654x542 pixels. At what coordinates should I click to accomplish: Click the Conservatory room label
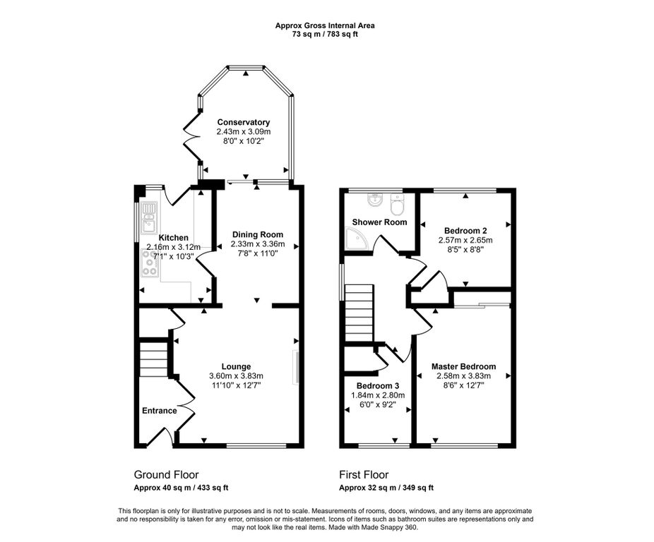point(243,122)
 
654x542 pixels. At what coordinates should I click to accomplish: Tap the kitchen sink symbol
point(149,217)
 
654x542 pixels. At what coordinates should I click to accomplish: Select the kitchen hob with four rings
point(150,262)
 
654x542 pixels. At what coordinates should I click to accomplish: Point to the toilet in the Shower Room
point(397,206)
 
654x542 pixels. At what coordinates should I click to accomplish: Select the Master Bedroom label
point(464,366)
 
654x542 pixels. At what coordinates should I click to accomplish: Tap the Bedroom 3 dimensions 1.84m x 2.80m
point(377,396)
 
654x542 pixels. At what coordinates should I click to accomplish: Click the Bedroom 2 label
point(465,230)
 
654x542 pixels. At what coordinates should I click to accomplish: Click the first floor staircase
point(358,312)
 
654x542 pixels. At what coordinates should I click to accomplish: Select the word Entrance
point(160,411)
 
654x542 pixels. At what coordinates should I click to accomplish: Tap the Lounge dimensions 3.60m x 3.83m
point(236,376)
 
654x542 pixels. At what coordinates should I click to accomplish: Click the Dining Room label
point(257,234)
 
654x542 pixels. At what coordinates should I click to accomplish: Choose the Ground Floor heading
point(166,475)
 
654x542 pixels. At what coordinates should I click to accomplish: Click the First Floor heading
point(363,475)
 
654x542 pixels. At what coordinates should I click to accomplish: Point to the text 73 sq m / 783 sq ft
point(325,34)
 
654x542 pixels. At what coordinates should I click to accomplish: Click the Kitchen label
point(173,238)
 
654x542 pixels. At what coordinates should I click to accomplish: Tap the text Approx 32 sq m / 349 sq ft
point(386,488)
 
